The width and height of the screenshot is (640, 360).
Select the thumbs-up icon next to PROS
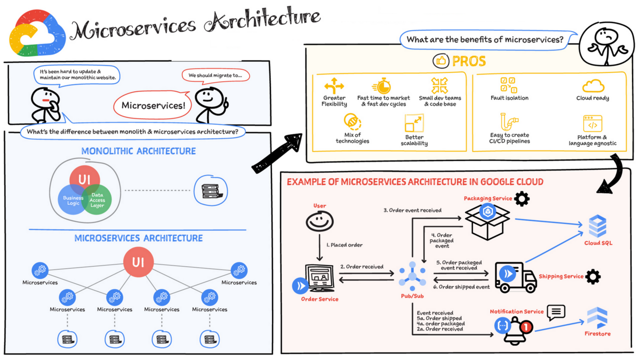(441, 61)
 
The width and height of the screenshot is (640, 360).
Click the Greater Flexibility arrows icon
(334, 85)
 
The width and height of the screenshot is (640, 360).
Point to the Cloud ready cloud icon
(593, 86)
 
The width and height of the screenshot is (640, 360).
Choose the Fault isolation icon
(508, 85)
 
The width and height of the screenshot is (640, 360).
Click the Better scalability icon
(414, 123)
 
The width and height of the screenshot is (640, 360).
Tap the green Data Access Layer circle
(97, 199)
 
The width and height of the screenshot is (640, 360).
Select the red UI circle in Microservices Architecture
(139, 262)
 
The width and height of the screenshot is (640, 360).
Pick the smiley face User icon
(319, 221)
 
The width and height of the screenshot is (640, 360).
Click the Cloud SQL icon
(598, 226)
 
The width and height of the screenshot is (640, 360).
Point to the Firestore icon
(597, 318)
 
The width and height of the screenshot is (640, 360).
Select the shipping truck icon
(515, 277)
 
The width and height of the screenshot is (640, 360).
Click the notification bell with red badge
(515, 326)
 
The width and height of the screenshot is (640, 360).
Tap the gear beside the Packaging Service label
(522, 199)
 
